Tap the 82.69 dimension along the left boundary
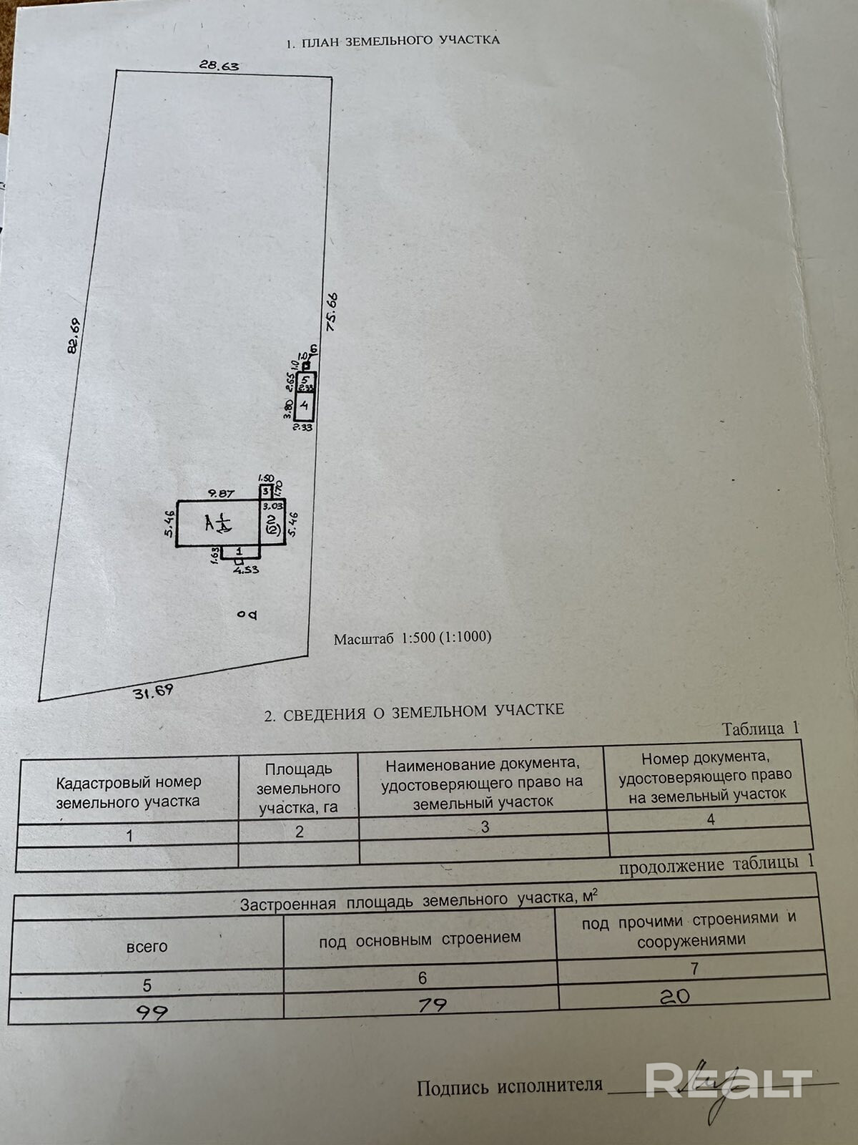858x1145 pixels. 73,336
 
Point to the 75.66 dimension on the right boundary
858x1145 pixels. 331,312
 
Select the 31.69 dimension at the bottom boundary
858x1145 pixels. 153,692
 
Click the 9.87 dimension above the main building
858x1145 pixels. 221,493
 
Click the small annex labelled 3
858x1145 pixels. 265,492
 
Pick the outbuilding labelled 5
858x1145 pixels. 305,379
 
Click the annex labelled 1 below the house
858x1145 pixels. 239,551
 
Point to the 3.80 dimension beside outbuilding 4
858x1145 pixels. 288,408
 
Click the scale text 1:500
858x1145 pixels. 418,637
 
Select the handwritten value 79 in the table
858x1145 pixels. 432,1005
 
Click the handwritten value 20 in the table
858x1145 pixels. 674,995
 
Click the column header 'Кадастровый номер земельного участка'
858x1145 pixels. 128,791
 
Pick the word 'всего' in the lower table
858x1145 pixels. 147,946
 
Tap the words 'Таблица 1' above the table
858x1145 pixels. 760,729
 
